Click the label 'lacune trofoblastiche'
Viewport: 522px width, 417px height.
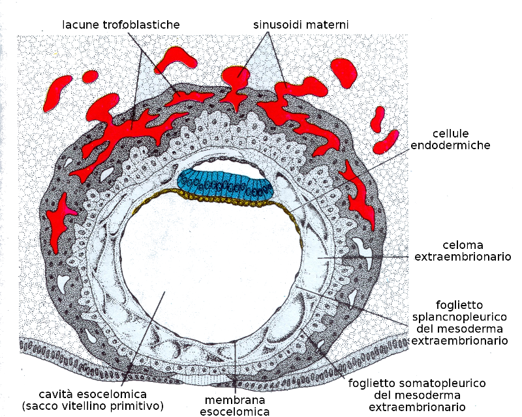[x=121, y=25]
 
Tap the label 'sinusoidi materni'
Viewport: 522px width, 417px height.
[x=301, y=25]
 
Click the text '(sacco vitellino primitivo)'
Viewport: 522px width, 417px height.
[x=91, y=406]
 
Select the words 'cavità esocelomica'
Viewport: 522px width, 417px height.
[x=91, y=394]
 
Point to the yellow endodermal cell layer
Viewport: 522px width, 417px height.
[x=215, y=198]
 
